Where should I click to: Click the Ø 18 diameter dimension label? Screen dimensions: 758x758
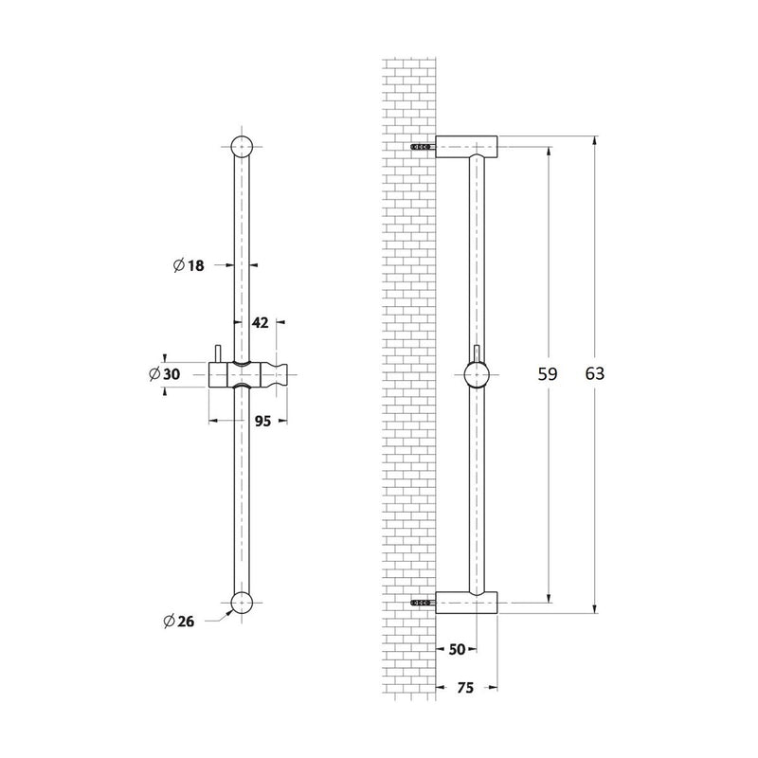tap(189, 265)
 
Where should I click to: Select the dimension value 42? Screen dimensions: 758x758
tap(260, 322)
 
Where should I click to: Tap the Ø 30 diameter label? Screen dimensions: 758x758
tap(165, 373)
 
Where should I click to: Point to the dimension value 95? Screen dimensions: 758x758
tap(262, 421)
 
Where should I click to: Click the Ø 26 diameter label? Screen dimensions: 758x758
tap(179, 622)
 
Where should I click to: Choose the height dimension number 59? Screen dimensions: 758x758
tap(548, 373)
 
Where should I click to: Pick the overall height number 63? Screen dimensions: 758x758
tap(595, 373)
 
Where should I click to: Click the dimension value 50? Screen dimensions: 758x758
tap(457, 649)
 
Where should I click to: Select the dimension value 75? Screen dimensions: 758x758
tap(465, 688)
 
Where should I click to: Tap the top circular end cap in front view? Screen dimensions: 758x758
tap(242, 147)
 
